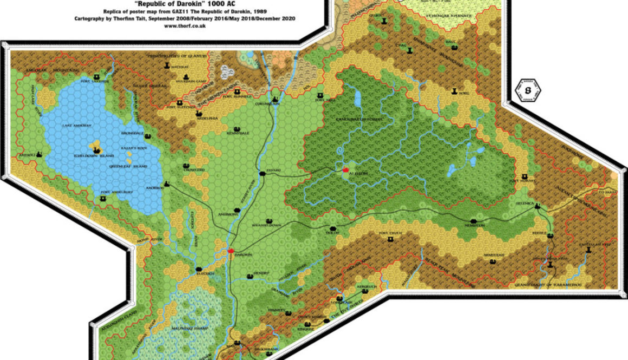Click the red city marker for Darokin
point(231,251)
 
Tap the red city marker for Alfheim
point(345,169)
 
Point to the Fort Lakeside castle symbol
point(97,76)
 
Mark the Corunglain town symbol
point(275,99)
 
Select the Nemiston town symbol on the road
point(474,221)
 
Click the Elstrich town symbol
point(199,269)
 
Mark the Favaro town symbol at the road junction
point(263,173)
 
